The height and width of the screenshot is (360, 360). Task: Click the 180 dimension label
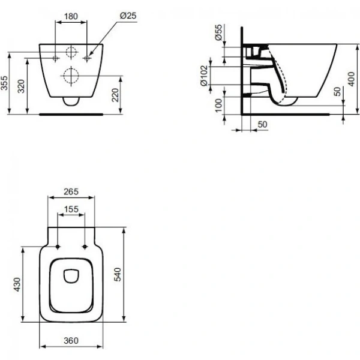[71, 16]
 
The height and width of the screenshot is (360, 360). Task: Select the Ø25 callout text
[128, 16]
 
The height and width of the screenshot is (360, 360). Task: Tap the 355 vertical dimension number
[4, 83]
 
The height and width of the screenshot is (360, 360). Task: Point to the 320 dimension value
[22, 86]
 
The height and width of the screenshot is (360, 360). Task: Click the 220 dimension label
[115, 95]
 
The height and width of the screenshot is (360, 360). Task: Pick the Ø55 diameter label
[219, 32]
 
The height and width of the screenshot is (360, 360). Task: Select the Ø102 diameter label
[204, 76]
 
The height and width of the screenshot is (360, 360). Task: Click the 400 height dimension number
[351, 79]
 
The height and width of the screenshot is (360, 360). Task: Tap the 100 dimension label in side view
[219, 106]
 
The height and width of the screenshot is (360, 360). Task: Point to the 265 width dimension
[71, 191]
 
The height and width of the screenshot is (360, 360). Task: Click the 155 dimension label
[71, 209]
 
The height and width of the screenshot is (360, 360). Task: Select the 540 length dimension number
[118, 274]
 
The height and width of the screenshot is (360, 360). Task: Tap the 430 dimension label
[17, 284]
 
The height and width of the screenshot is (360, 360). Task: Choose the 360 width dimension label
[71, 341]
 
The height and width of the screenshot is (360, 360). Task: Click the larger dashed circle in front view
[71, 76]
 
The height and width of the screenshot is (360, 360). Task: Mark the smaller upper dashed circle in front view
[71, 52]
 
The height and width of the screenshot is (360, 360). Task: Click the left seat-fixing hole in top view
[58, 247]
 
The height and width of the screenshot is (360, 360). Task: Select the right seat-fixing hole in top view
[85, 247]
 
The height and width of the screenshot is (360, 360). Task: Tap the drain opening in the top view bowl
[71, 276]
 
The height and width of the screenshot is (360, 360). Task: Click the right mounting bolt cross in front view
[87, 58]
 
